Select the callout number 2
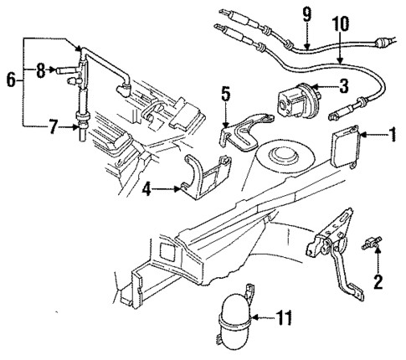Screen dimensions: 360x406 (377, 281)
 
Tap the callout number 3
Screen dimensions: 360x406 (344, 85)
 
